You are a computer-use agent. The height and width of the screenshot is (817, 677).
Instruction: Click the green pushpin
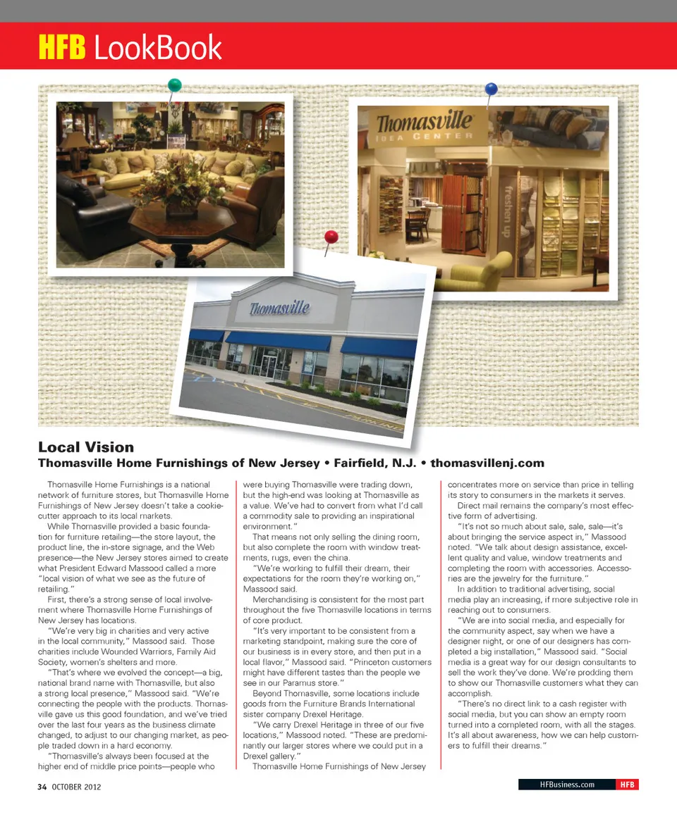pos(174,85)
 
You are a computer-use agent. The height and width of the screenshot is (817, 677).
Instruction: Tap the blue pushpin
pos(491,89)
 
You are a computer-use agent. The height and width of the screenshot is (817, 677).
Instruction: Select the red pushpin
pos(331,237)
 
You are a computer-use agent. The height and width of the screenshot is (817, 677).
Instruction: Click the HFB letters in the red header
pos(61,47)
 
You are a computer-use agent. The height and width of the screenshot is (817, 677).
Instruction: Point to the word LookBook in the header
pos(157,47)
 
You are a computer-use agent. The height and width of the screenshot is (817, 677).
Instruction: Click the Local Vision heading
pos(85,447)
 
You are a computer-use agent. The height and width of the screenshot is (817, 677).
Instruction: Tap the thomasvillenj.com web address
pos(487,463)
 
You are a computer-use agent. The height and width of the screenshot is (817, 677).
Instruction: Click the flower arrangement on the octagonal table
pos(169,188)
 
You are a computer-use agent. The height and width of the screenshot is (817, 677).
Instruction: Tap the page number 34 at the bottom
pos(42,787)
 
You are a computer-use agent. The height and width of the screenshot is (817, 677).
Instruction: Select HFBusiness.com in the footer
pos(566,785)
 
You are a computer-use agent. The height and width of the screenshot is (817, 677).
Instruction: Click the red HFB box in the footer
pos(626,785)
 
